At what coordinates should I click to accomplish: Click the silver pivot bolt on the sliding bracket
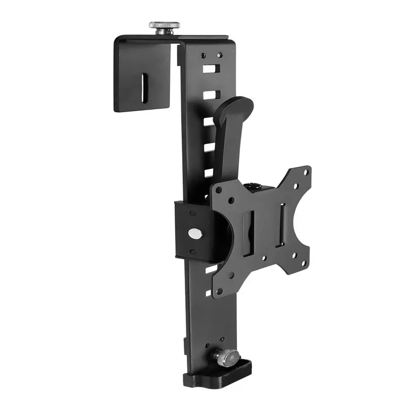point(194,233)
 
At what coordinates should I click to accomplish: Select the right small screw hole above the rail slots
point(220,55)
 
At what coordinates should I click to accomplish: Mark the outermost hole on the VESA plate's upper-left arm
point(218,191)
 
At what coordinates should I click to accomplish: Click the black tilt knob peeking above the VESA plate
point(254,186)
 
